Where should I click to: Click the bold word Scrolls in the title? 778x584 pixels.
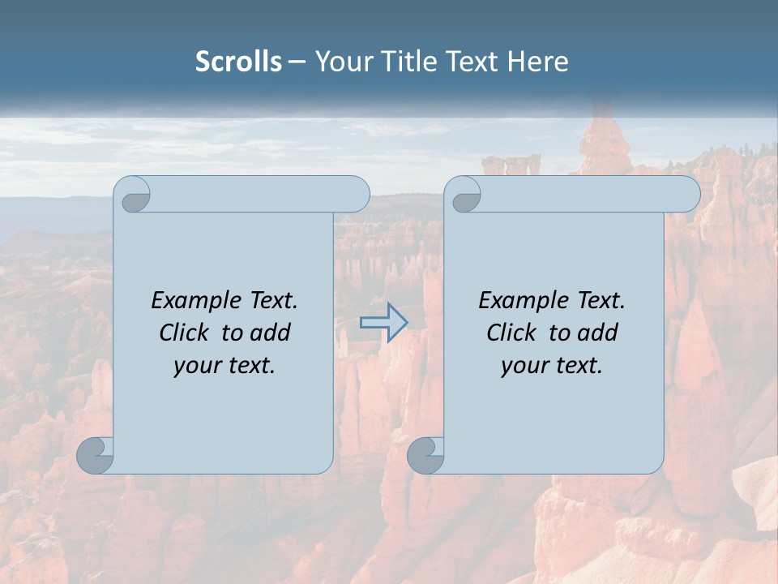[x=238, y=62]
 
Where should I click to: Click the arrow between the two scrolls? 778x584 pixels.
[x=383, y=322]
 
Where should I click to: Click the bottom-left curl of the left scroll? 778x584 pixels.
[x=96, y=454]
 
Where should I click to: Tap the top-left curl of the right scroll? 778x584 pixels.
[x=465, y=195]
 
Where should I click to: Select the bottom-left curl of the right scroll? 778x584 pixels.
[x=425, y=454]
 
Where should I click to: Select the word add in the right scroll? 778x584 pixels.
[x=599, y=333]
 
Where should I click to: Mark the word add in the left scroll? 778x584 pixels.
[x=271, y=333]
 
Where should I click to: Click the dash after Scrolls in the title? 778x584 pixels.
[x=297, y=62]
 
